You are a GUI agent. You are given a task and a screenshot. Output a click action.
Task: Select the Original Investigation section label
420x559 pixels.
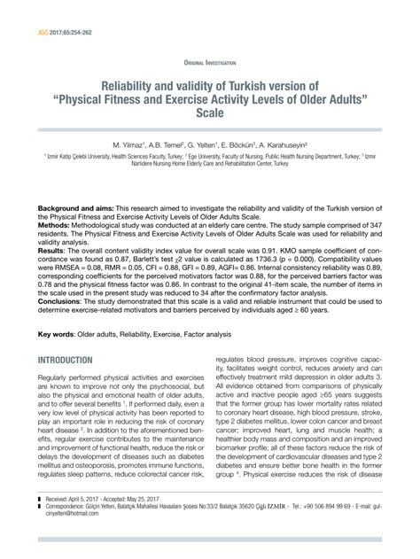[209, 64]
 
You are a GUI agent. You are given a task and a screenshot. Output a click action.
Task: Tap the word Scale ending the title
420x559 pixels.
[210, 114]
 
